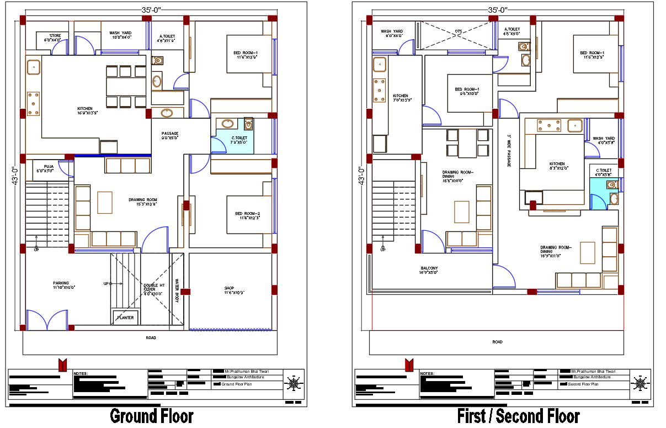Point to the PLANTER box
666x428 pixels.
tap(125, 317)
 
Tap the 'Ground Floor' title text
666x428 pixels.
tap(152, 416)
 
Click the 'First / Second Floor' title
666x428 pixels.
tap(518, 416)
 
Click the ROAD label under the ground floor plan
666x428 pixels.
tap(151, 337)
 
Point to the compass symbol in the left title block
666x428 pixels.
tap(294, 382)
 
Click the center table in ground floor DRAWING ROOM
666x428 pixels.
tap(105, 202)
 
